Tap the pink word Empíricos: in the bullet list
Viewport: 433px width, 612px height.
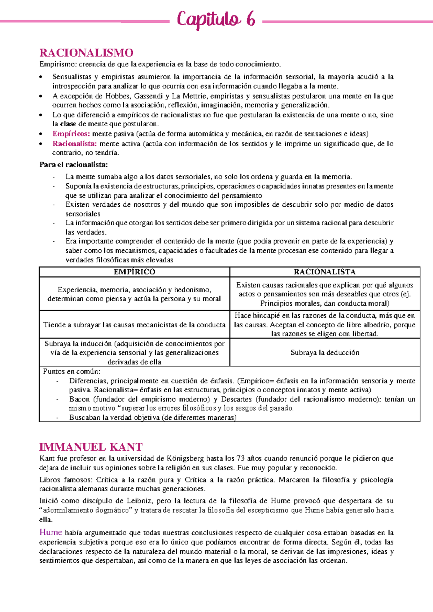[x=71, y=134]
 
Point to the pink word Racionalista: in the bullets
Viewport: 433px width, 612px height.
[x=75, y=144]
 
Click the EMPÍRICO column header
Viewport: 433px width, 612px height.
[x=134, y=272]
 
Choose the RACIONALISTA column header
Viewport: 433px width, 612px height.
[x=324, y=272]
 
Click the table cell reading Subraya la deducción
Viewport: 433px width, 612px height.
[x=325, y=353]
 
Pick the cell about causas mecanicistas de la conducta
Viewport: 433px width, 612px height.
[x=134, y=325]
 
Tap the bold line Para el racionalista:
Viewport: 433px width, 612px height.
[x=74, y=165]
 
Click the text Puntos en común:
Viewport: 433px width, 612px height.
[x=72, y=371]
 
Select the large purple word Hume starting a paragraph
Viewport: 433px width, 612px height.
[x=51, y=532]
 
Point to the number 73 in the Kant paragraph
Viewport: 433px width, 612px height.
[x=240, y=459]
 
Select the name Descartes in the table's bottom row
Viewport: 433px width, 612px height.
[x=236, y=399]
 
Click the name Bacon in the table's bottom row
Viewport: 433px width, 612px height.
[x=79, y=399]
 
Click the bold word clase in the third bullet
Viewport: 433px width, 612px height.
[x=68, y=124]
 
